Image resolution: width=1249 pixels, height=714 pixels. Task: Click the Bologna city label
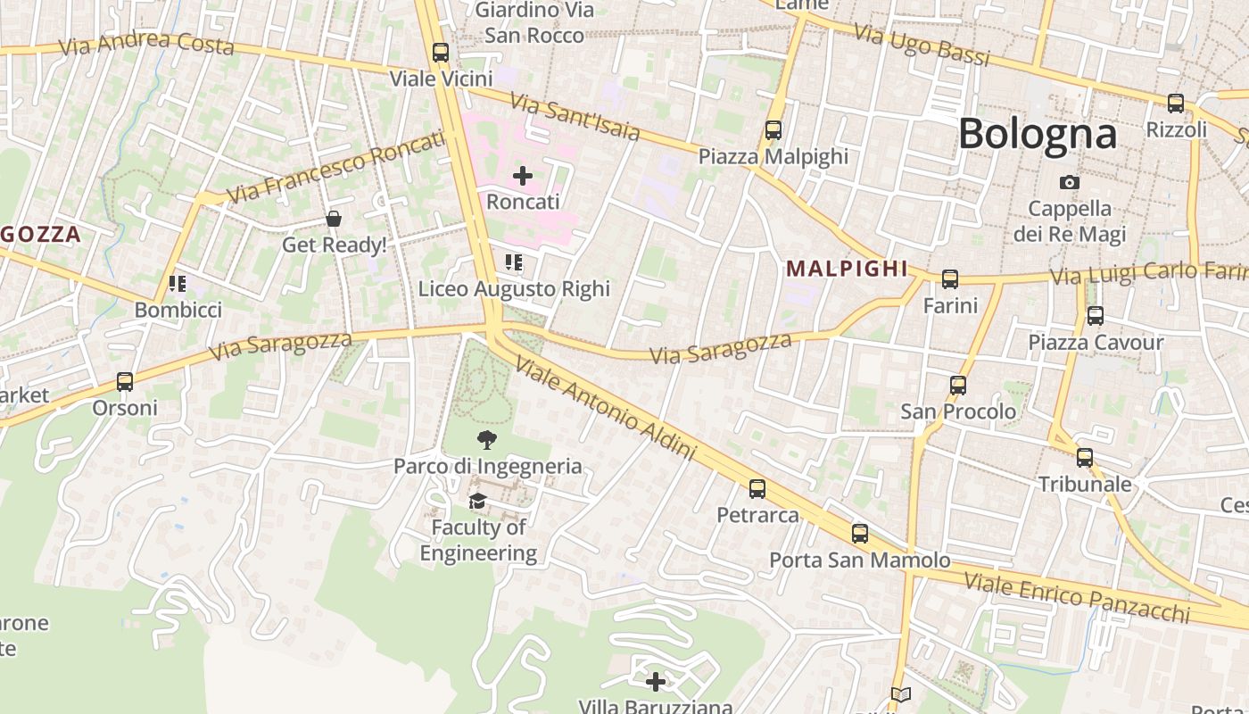[x=1037, y=134]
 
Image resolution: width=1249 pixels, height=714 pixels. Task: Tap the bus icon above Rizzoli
[x=1176, y=104]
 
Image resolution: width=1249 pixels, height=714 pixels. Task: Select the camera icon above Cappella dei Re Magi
[x=1069, y=183]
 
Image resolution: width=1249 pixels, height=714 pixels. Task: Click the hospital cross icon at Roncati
[x=523, y=176]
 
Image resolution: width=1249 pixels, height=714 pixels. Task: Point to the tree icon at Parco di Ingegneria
[x=487, y=439]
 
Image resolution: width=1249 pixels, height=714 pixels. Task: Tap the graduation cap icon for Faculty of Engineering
[x=478, y=501]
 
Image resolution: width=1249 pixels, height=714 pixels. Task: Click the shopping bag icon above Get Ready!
[x=334, y=219]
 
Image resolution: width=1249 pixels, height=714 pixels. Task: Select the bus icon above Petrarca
[x=757, y=489]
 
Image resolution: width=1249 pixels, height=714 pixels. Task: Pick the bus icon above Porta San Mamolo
[x=860, y=534]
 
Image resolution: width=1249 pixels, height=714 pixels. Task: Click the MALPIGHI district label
[x=847, y=269]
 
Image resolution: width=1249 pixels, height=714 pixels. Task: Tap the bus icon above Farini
[x=950, y=279]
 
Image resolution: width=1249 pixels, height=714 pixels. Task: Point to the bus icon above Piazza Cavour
[x=1096, y=316]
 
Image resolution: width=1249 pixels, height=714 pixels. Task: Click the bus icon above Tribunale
[x=1085, y=458]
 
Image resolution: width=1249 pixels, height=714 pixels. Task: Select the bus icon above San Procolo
[x=958, y=386]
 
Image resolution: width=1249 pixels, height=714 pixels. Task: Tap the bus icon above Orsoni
[x=125, y=382]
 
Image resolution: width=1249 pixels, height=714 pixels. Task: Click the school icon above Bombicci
[x=178, y=284]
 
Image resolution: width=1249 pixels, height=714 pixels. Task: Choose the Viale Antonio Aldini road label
[x=605, y=409]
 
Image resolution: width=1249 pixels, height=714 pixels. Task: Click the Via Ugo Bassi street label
[x=922, y=45]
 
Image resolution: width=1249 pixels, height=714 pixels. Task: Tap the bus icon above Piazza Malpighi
[x=773, y=130]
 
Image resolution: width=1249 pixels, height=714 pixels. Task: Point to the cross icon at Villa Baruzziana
[x=656, y=682]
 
